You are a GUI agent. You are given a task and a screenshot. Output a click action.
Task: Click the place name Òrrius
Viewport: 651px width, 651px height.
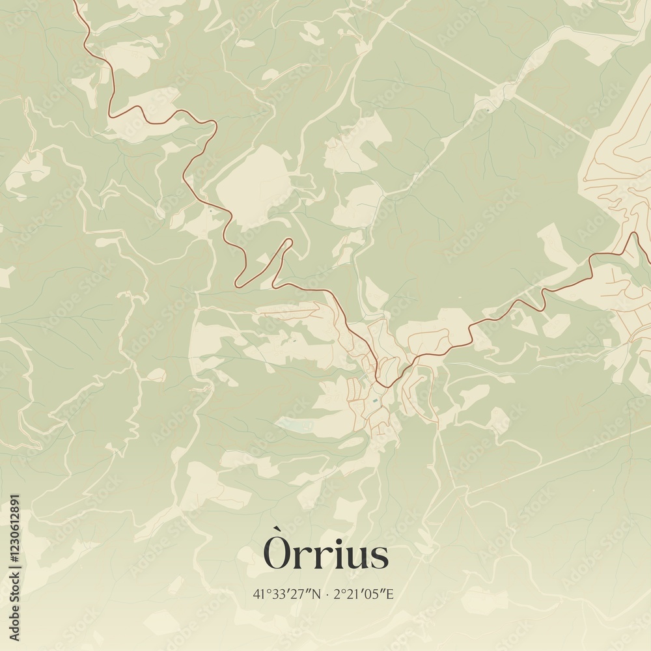326,555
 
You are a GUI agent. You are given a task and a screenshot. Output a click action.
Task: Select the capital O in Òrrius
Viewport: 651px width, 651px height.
277,557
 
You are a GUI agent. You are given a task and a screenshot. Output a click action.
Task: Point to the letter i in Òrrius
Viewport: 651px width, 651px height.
332,555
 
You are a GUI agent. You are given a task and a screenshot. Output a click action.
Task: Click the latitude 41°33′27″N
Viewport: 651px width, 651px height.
286,594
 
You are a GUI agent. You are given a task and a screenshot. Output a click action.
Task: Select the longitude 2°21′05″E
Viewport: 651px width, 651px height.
364,594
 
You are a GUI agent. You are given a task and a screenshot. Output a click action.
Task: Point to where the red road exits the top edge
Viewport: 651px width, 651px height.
75,2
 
